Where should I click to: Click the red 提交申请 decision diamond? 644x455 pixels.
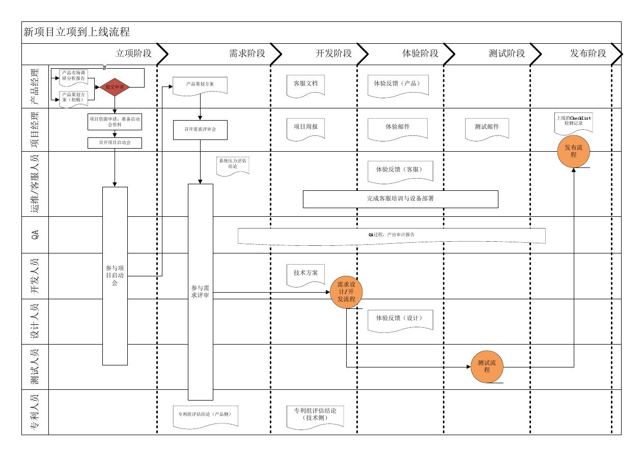pos(115,87)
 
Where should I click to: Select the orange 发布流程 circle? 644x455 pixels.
pos(574,151)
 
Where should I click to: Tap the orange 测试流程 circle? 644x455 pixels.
pos(487,366)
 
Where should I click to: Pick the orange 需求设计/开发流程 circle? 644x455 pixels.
pos(346,292)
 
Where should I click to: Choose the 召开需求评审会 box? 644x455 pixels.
pos(200,130)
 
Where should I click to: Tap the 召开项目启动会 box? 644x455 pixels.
pos(115,143)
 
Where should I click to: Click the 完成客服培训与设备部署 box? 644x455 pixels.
pos(400,199)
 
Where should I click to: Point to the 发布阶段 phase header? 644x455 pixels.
pos(588,53)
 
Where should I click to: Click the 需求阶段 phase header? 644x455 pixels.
pos(247,53)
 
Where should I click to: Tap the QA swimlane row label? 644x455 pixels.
pos(35,235)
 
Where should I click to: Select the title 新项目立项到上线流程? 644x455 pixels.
pos(77,33)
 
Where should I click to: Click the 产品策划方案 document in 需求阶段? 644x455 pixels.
pos(200,84)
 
